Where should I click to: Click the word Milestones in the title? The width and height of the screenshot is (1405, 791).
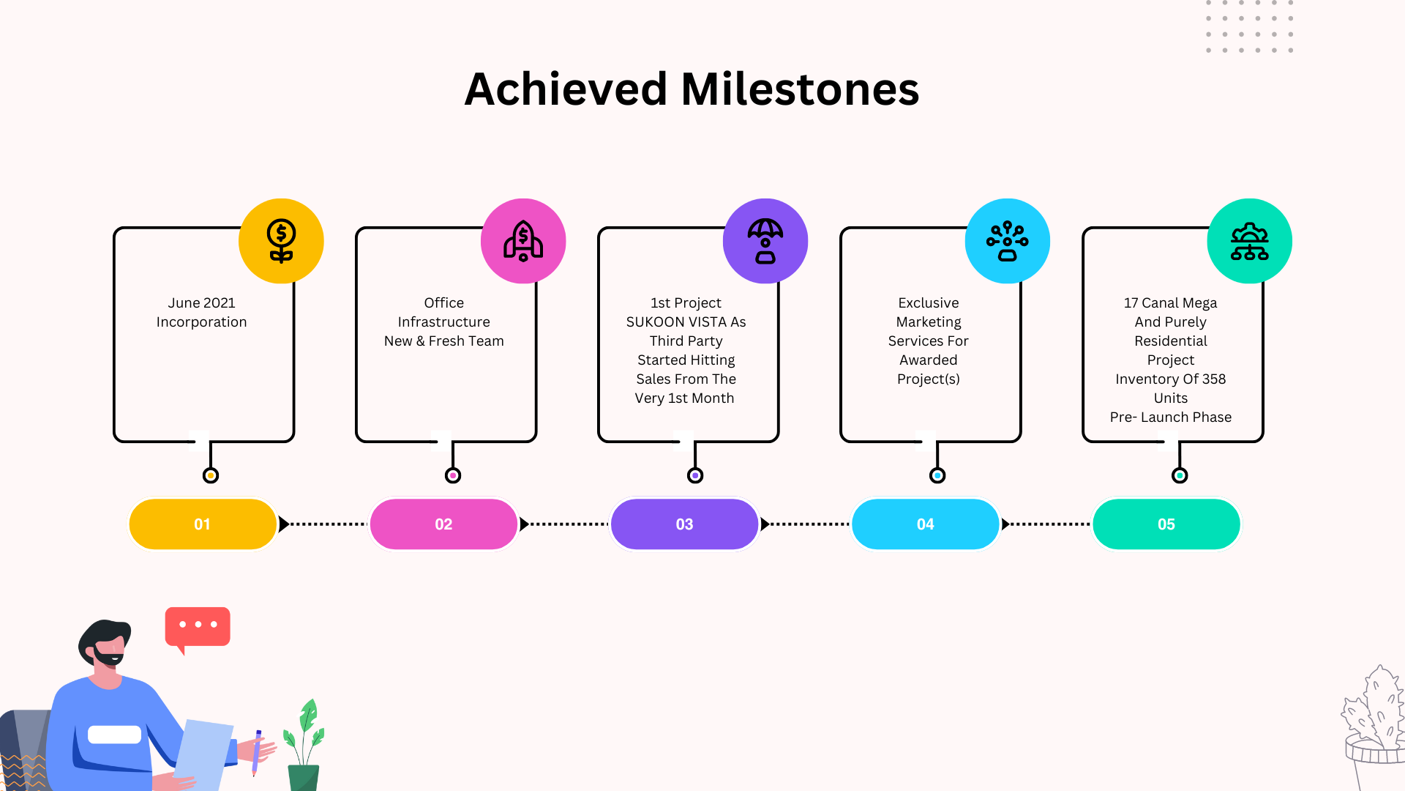[x=800, y=89]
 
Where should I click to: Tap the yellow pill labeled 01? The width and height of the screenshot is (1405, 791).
[x=203, y=524]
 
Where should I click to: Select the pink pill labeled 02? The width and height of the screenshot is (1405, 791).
[x=443, y=524]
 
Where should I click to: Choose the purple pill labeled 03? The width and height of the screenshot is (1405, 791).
[x=684, y=524]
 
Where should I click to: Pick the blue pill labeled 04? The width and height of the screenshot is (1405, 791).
[x=926, y=524]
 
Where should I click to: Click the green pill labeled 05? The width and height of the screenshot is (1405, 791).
[x=1166, y=524]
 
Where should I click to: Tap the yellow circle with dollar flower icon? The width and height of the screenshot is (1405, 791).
[x=281, y=241]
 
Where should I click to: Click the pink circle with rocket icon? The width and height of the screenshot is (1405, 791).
[x=523, y=241]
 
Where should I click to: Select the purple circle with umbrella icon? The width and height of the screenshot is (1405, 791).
[x=765, y=241]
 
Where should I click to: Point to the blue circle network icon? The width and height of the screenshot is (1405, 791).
[x=1008, y=241]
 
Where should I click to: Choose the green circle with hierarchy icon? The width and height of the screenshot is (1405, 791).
[x=1250, y=241]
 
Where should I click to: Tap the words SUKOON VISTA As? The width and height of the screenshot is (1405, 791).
[x=686, y=322]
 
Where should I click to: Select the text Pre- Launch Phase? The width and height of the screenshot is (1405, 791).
[x=1171, y=417]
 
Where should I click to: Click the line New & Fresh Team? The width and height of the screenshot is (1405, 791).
[x=444, y=341]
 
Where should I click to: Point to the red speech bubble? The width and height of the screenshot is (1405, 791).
[x=198, y=627]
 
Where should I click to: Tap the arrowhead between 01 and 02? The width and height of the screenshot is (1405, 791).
[x=284, y=524]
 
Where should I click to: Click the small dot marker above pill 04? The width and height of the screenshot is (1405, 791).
[x=937, y=476]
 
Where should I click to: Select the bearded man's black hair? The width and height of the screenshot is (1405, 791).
[x=105, y=636]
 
